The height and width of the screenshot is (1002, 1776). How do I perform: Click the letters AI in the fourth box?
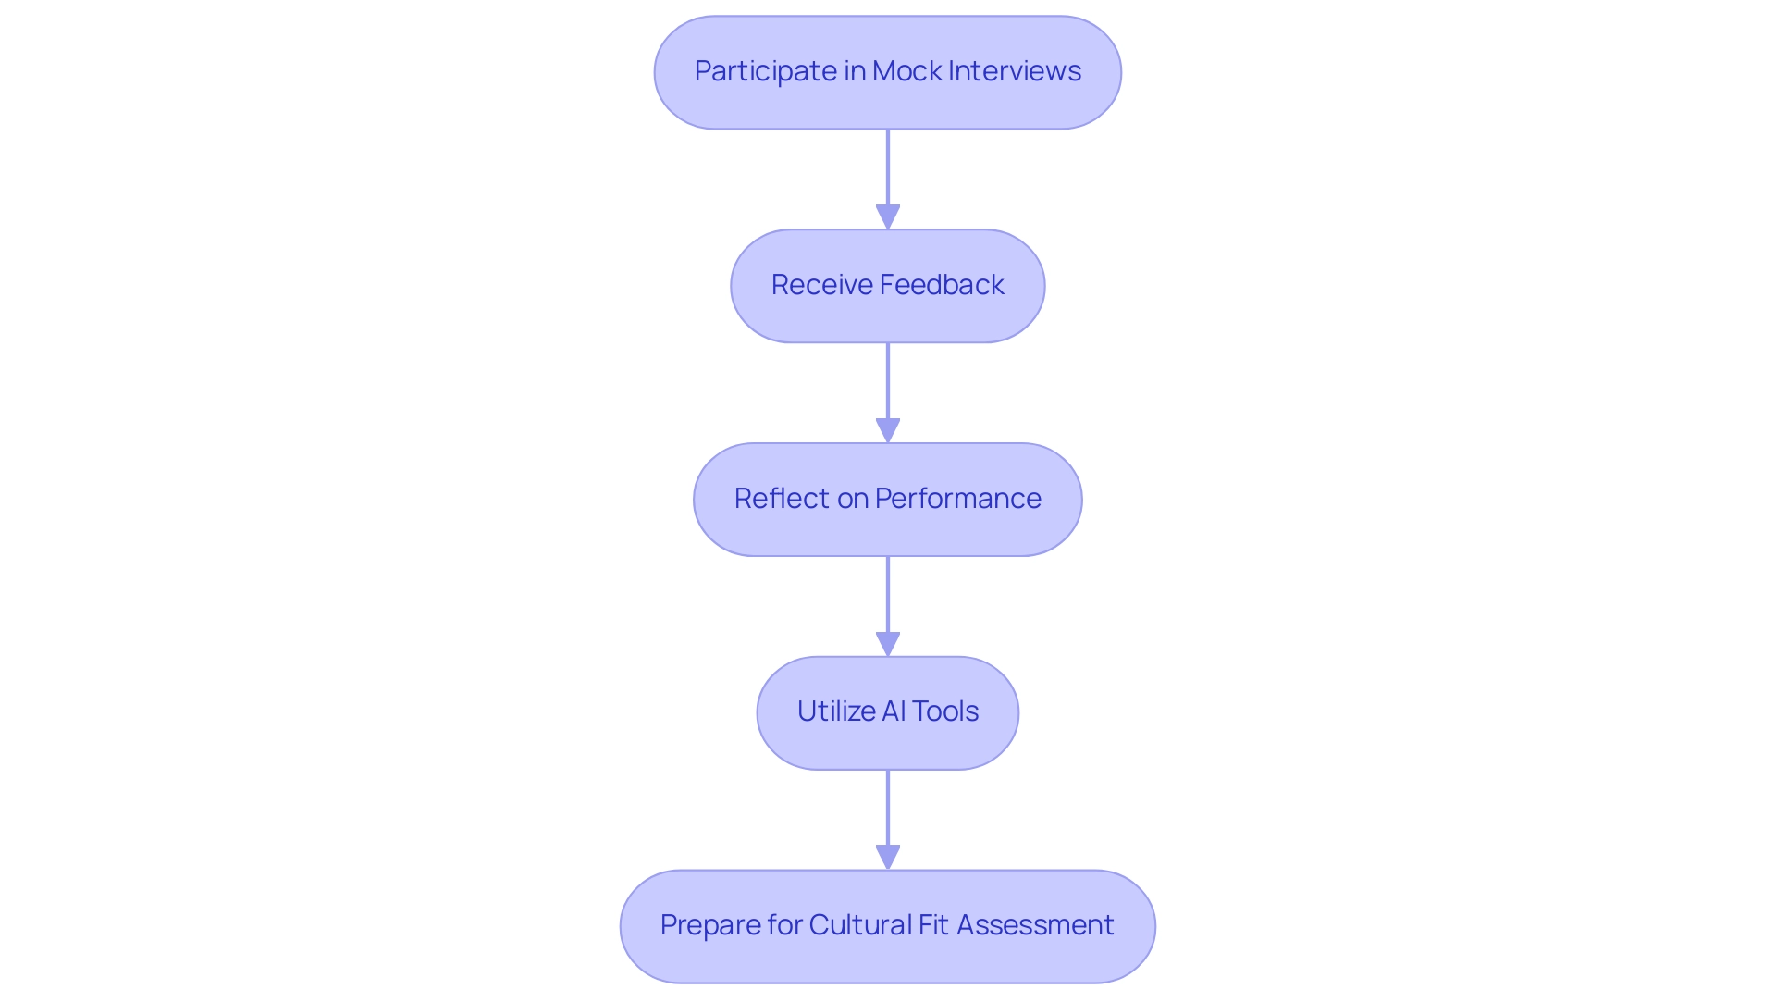click(x=894, y=711)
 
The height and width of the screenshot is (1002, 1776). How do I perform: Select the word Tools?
click(x=945, y=711)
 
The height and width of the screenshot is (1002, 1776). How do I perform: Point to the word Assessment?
click(x=1035, y=925)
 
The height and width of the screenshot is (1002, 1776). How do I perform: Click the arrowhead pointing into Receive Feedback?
click(x=888, y=217)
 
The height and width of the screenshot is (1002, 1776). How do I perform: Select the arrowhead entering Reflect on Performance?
click(x=888, y=431)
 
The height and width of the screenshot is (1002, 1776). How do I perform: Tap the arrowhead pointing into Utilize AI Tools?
click(x=888, y=645)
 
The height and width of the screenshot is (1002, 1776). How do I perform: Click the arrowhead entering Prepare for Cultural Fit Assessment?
click(x=888, y=858)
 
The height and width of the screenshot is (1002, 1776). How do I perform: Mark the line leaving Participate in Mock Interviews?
click(x=888, y=167)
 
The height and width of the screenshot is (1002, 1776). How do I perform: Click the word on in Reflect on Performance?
click(x=853, y=499)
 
